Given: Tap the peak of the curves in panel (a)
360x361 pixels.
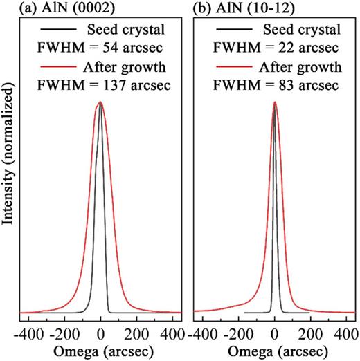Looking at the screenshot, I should pyautogui.click(x=101, y=102).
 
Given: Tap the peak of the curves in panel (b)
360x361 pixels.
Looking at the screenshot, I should pyautogui.click(x=275, y=102).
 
